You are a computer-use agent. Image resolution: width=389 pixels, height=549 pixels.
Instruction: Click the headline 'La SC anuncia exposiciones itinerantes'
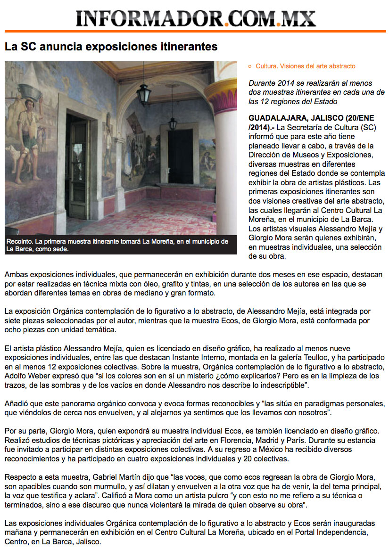[111, 47]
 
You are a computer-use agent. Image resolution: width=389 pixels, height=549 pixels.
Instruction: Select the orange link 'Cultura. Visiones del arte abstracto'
[306, 66]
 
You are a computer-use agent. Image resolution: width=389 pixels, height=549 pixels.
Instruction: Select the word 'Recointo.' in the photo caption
[19, 242]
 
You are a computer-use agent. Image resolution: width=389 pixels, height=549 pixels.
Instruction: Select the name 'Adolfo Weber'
[26, 376]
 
